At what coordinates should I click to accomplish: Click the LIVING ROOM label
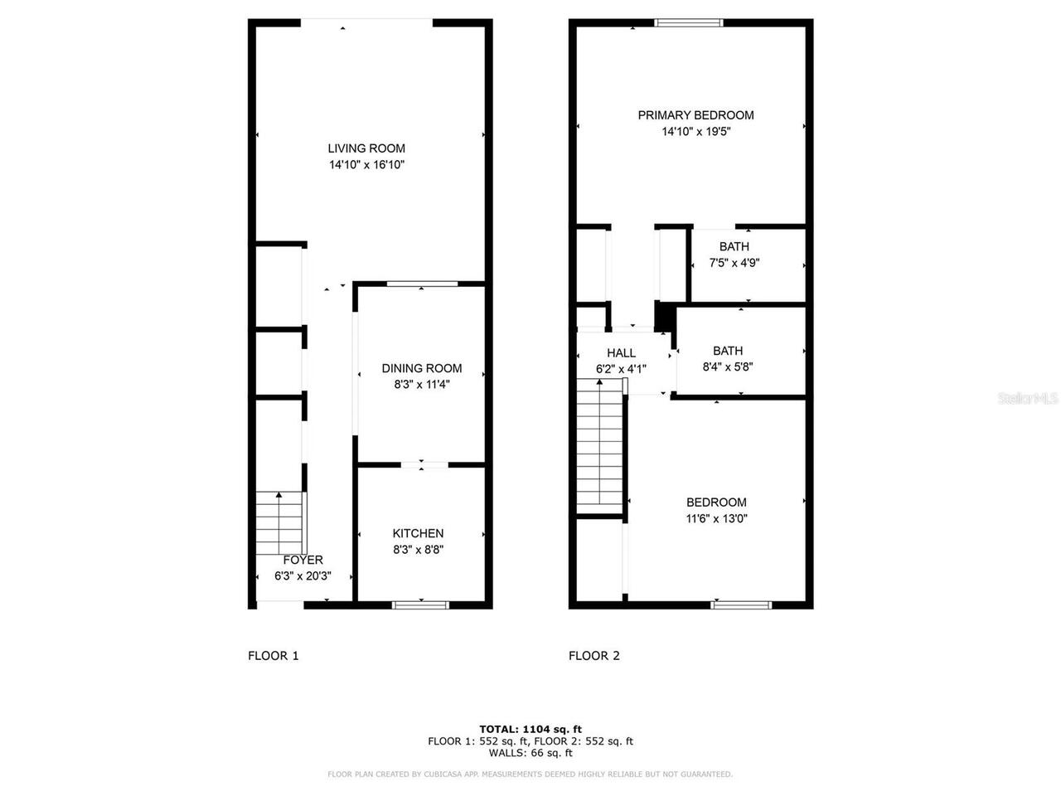pyautogui.click(x=366, y=148)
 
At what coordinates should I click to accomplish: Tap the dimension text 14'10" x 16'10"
pyautogui.click(x=366, y=165)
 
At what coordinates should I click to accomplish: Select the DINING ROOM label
pyautogui.click(x=422, y=368)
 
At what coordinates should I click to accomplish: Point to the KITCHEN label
pyautogui.click(x=418, y=533)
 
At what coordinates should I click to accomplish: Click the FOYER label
pyautogui.click(x=303, y=560)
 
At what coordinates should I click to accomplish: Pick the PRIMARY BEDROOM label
pyautogui.click(x=695, y=115)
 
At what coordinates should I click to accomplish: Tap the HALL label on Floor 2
pyautogui.click(x=621, y=353)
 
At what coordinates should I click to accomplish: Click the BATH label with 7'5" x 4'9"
pyautogui.click(x=734, y=246)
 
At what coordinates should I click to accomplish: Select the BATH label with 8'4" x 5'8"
pyautogui.click(x=728, y=351)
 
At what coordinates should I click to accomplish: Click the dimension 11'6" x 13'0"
pyautogui.click(x=716, y=519)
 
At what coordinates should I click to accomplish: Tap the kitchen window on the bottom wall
pyautogui.click(x=420, y=604)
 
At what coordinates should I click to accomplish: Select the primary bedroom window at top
pyautogui.click(x=690, y=23)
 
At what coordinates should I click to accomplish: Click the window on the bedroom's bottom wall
pyautogui.click(x=741, y=604)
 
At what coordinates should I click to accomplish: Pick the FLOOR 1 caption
pyautogui.click(x=274, y=656)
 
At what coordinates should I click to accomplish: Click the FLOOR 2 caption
pyautogui.click(x=594, y=656)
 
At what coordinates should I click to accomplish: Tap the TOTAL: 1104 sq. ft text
pyautogui.click(x=530, y=730)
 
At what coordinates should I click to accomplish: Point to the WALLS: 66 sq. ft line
pyautogui.click(x=530, y=753)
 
